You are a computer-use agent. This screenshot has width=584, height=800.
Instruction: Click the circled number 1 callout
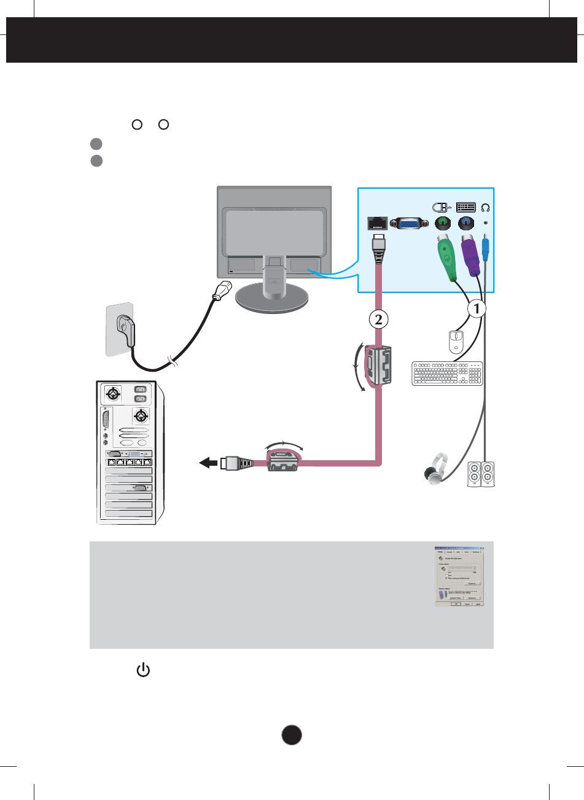(x=476, y=308)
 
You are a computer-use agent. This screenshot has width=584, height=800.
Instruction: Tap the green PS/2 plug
(x=446, y=256)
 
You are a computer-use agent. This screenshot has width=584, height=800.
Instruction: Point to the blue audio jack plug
(x=486, y=248)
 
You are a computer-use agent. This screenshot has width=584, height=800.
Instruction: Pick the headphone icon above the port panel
(x=486, y=206)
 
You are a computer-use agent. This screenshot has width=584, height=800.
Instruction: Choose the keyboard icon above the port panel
(x=465, y=206)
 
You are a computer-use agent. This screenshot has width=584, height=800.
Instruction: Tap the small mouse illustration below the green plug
(x=456, y=342)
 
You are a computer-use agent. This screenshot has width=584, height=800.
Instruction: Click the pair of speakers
(x=481, y=474)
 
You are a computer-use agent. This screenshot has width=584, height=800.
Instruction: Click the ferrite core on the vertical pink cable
(x=376, y=367)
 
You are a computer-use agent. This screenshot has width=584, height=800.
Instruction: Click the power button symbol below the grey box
(x=142, y=670)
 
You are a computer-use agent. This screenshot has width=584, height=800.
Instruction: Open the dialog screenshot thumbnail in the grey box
(x=459, y=576)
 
